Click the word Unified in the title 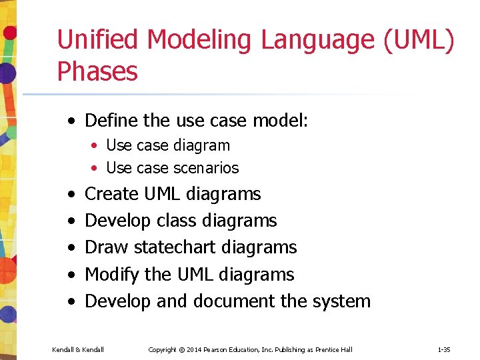point(98,39)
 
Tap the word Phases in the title point(97,71)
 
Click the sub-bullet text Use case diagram point(168,145)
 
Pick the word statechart point(175,247)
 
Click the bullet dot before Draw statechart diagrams point(70,248)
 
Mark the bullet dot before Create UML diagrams point(70,195)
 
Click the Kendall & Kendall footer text point(78,349)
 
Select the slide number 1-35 point(444,349)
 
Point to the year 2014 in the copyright point(194,349)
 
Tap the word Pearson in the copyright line point(218,349)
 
